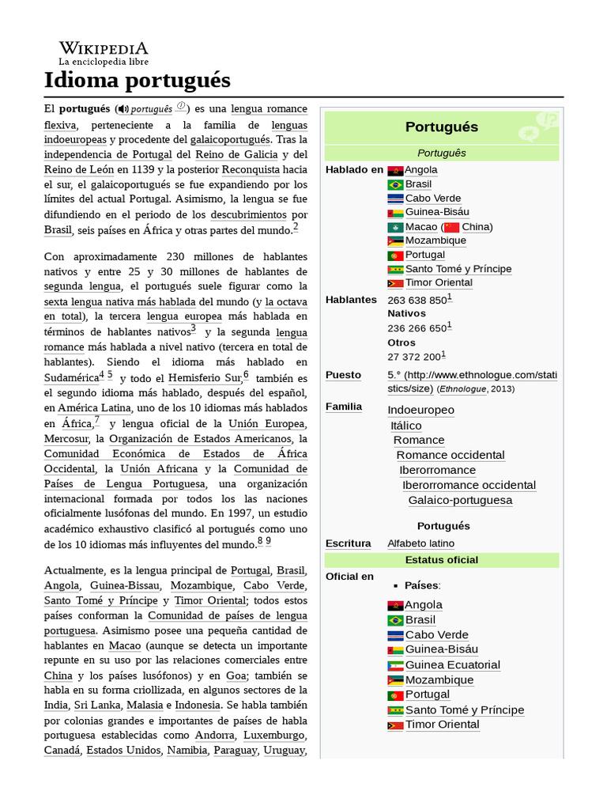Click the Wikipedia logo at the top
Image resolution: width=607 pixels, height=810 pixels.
pyautogui.click(x=103, y=52)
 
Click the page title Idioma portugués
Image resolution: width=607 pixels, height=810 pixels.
pyautogui.click(x=137, y=81)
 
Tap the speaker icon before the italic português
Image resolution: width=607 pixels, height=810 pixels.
pyautogui.click(x=123, y=108)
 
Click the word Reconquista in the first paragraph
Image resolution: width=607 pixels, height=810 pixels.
pyautogui.click(x=251, y=169)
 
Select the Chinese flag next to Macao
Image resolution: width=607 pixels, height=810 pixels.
pyautogui.click(x=451, y=227)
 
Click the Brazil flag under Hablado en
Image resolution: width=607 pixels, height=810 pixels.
pyautogui.click(x=395, y=184)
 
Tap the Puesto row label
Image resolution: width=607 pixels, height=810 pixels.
pyautogui.click(x=343, y=375)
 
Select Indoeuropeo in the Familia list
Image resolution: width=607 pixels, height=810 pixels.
pyautogui.click(x=420, y=410)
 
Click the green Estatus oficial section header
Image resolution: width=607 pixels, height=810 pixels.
pyautogui.click(x=441, y=560)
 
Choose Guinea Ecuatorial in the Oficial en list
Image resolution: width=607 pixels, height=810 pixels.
pyautogui.click(x=452, y=664)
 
